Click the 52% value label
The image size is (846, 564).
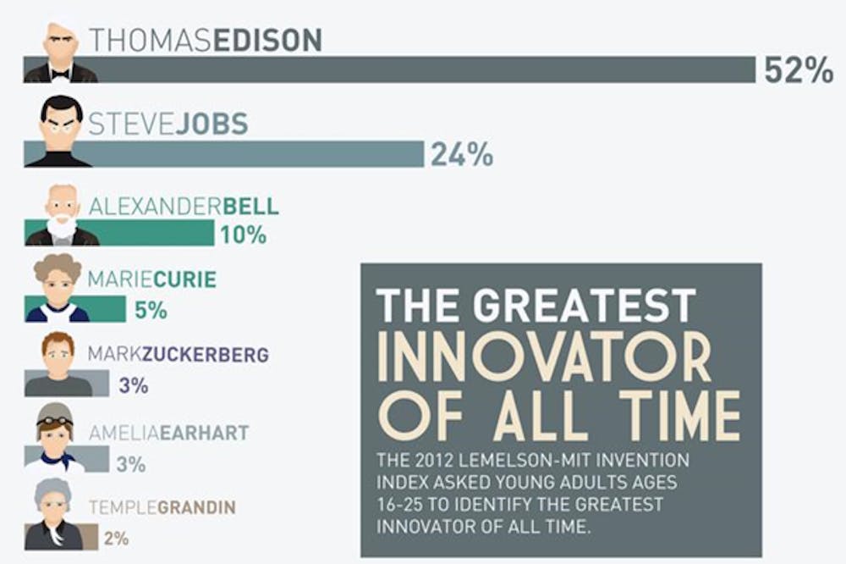[x=799, y=69]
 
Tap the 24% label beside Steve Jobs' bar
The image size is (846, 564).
[x=462, y=154]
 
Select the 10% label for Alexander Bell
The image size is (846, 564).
[x=244, y=235]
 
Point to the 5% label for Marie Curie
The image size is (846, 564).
[x=151, y=310]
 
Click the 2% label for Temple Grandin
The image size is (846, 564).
[x=117, y=538]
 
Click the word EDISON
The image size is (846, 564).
[x=267, y=40]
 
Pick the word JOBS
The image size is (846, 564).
[x=212, y=124]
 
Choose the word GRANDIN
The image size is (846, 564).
[x=196, y=507]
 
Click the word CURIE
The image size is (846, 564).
[x=185, y=279]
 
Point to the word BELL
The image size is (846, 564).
[x=250, y=207]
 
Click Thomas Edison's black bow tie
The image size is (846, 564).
[x=60, y=74]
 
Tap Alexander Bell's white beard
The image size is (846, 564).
[x=61, y=226]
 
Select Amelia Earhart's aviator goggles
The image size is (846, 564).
[x=55, y=420]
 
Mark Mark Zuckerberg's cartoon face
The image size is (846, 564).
[x=58, y=358]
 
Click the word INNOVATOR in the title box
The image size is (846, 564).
[x=544, y=357]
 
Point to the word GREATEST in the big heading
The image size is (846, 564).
[x=585, y=305]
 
